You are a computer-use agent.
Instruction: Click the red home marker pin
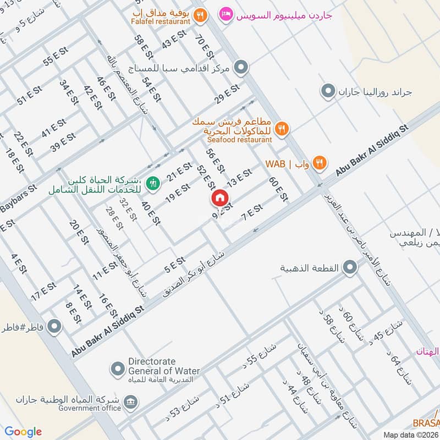coord(219,197)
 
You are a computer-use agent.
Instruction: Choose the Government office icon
coord(130,401)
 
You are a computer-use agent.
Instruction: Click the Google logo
coord(23,432)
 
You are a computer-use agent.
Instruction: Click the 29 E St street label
coord(227,94)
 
